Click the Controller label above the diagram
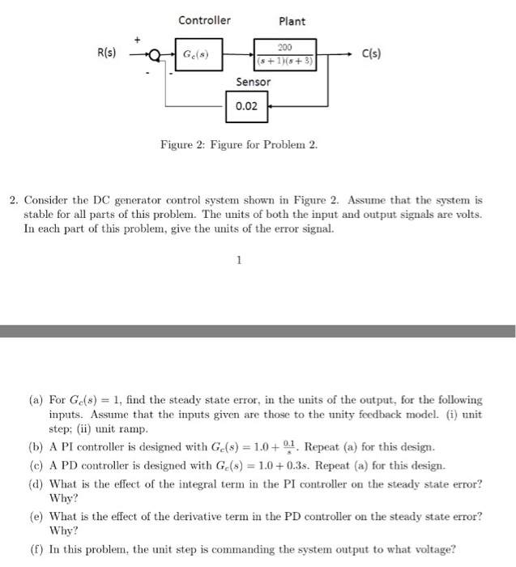(x=204, y=20)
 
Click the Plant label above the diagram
(x=292, y=21)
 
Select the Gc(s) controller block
(x=198, y=54)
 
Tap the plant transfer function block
(x=284, y=54)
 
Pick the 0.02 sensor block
(x=246, y=106)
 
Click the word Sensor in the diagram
(x=254, y=82)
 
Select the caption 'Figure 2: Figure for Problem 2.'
(x=239, y=145)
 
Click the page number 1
(x=240, y=261)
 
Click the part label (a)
(x=36, y=400)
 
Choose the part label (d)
(x=36, y=484)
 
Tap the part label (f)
(x=36, y=548)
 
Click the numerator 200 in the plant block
(x=284, y=47)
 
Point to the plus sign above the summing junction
(x=138, y=38)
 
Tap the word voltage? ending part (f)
(x=434, y=548)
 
